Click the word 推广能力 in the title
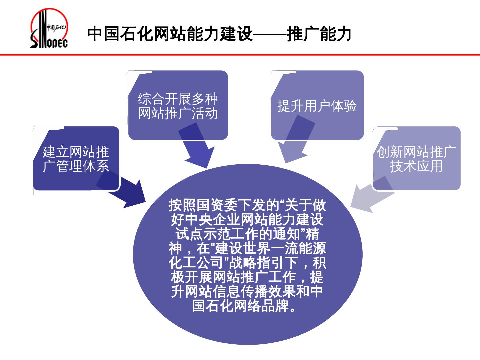[319, 34]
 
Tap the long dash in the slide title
[270, 34]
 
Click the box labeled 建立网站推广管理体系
[76, 159]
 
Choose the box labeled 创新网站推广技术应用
[416, 159]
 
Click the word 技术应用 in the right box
[416, 166]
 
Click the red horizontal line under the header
[240, 55]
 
